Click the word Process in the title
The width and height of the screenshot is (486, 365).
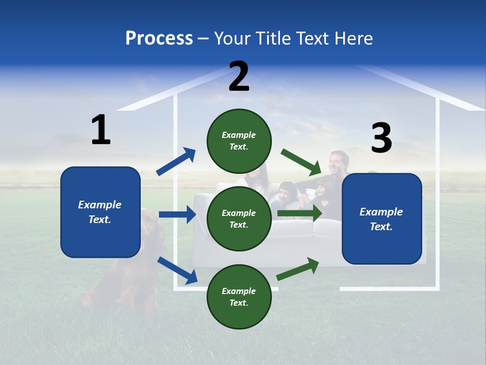159,39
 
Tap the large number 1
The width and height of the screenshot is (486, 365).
101,130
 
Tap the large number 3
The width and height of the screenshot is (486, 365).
381,138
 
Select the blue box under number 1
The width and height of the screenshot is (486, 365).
100,212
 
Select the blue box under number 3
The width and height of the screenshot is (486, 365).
382,218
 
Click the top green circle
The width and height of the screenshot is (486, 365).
239,141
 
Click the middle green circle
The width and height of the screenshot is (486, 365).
239,218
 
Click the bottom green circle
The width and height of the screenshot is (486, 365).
239,297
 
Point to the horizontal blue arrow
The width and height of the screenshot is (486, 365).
177,214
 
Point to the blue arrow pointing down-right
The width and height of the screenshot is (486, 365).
177,270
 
